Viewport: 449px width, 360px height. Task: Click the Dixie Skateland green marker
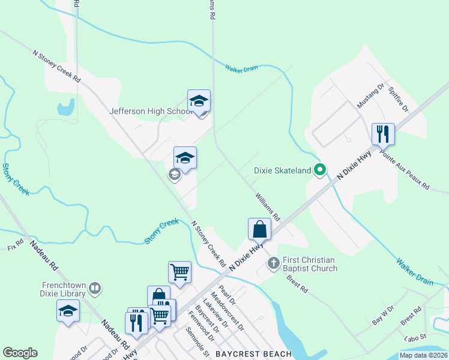click(x=321, y=170)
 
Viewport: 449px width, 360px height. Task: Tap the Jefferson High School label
click(x=151, y=111)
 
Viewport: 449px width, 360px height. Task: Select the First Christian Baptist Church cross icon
click(x=274, y=263)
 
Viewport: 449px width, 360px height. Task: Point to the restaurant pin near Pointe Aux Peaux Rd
click(x=383, y=133)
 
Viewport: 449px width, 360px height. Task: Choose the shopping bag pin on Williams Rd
click(x=260, y=229)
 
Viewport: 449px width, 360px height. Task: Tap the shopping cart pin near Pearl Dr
click(x=179, y=272)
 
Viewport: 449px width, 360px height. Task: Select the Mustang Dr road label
click(x=370, y=97)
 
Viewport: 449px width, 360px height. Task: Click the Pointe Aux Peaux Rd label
click(x=405, y=170)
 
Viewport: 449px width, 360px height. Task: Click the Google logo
click(x=20, y=353)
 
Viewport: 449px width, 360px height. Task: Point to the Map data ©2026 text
click(x=423, y=355)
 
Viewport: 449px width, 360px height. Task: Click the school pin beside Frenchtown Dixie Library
click(x=68, y=311)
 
